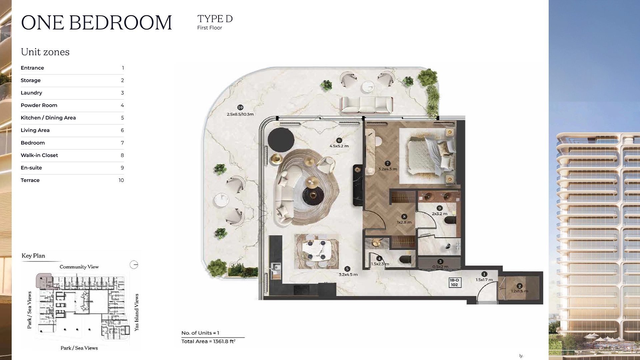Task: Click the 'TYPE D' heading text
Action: [215, 19]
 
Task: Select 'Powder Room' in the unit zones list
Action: [39, 105]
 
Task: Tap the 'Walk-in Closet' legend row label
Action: [39, 155]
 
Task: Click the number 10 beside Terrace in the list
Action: [121, 180]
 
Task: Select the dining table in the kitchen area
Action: [316, 251]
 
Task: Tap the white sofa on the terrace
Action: [367, 104]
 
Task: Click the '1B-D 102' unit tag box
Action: [454, 282]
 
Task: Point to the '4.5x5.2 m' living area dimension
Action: [339, 146]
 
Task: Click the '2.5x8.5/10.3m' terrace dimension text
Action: [240, 114]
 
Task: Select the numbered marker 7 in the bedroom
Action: [387, 163]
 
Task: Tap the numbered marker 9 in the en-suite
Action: [440, 208]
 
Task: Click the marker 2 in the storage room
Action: [519, 286]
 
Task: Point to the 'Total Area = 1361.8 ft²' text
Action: [208, 341]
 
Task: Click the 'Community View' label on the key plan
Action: [79, 267]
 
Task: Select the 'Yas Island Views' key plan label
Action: [136, 312]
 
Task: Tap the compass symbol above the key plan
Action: [134, 265]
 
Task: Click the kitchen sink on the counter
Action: [276, 267]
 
